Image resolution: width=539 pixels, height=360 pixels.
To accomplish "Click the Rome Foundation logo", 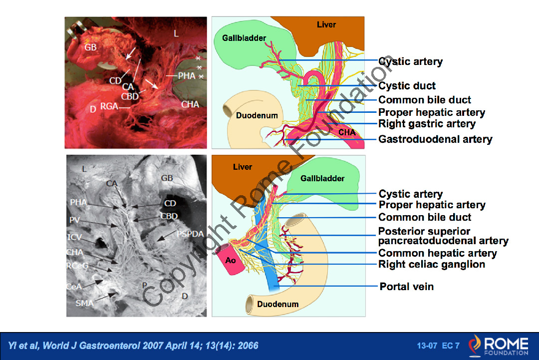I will tap(498, 346).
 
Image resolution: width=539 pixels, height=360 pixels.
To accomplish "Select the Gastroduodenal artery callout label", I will tap(435, 139).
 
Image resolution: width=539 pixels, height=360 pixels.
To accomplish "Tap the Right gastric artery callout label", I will tap(427, 124).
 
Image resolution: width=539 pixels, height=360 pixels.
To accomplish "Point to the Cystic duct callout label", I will tap(407, 86).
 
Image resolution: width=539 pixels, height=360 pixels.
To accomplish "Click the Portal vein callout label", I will tap(406, 287).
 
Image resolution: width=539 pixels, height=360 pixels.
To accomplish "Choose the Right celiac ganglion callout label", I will tap(432, 265).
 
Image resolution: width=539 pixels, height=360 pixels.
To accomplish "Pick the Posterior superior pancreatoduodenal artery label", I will tap(443, 236).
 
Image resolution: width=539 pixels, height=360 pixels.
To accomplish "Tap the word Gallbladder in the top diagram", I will tap(244, 38).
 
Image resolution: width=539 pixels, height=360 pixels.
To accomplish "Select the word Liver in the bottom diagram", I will tap(243, 167).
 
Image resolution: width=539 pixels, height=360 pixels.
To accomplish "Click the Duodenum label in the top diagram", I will tap(257, 115).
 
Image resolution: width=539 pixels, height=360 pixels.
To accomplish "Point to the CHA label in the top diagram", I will tap(347, 132).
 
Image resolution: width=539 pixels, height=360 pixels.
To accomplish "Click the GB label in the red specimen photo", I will tap(90, 47).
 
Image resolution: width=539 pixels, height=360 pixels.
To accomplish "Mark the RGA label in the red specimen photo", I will tap(109, 106).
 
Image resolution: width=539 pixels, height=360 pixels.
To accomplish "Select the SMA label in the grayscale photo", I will tap(84, 303).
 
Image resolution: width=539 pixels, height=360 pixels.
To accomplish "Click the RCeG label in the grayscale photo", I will tap(77, 266).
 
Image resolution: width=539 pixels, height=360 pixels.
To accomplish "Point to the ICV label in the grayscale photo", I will tap(75, 237).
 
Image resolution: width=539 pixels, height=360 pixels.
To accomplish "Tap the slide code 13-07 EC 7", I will tap(438, 346).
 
